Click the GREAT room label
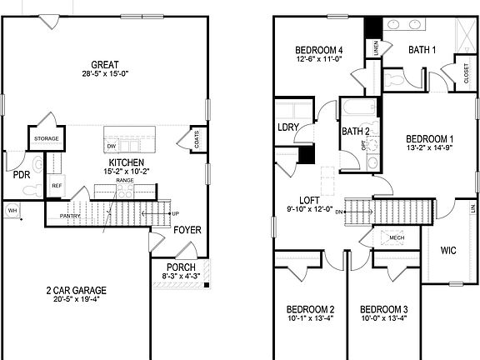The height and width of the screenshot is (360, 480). click(105, 64)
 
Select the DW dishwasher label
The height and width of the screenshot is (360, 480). click(111, 147)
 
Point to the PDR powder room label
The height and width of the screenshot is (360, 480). click(22, 175)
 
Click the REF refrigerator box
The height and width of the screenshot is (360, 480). click(57, 186)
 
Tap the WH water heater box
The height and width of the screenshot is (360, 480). click(12, 210)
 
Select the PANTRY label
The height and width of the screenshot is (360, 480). click(70, 217)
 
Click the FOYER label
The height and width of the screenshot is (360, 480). click(187, 230)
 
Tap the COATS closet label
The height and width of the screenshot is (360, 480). click(196, 139)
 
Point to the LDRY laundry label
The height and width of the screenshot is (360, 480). click(288, 127)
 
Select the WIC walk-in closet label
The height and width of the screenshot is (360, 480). click(448, 250)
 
